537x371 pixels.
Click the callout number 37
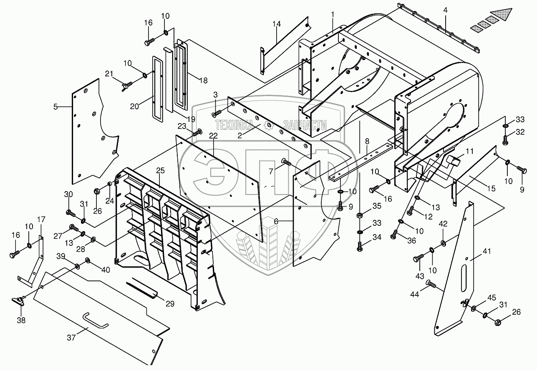point(71,338)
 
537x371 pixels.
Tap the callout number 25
point(160,171)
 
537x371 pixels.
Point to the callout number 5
point(55,107)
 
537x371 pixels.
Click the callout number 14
point(276,24)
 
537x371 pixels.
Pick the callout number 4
point(445,10)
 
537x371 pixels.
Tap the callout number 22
point(213,136)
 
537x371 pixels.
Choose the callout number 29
point(170,304)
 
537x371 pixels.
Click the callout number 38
point(21,320)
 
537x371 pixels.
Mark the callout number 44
point(414,294)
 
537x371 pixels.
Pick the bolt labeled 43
point(418,260)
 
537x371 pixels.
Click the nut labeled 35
point(360,215)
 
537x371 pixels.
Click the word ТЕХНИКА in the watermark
point(234,125)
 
